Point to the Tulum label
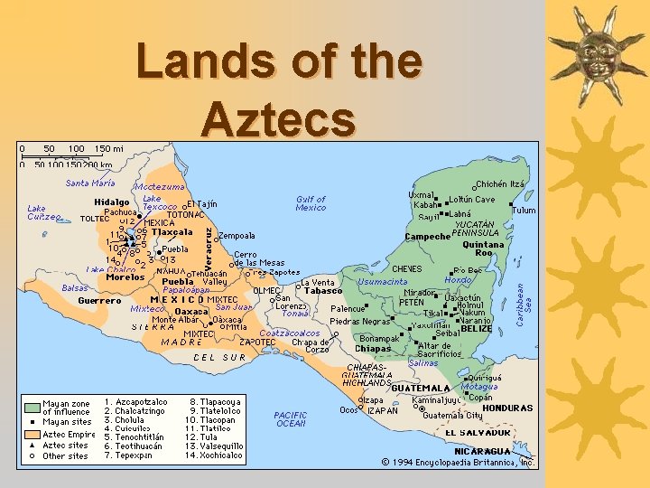(524, 210)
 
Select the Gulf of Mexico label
(311, 203)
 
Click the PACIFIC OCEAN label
(291, 419)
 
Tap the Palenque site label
(348, 308)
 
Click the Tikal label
(434, 314)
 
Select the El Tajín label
(202, 203)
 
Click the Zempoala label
(237, 235)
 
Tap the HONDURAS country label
(507, 408)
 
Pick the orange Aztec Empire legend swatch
(32, 434)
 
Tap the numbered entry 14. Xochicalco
(216, 455)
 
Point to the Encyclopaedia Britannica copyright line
(458, 462)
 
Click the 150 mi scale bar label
(108, 148)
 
